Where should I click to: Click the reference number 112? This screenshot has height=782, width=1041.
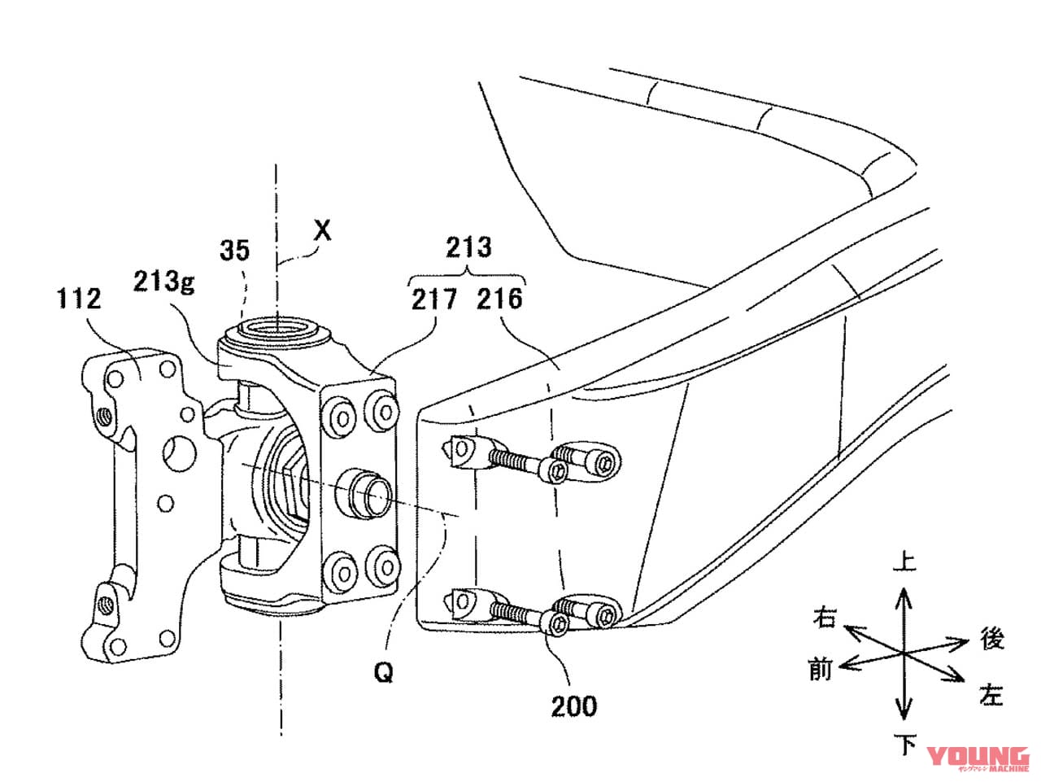pyautogui.click(x=79, y=299)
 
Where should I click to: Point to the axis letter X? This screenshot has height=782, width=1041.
pyautogui.click(x=323, y=231)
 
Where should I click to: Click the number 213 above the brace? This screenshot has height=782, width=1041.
pyautogui.click(x=468, y=247)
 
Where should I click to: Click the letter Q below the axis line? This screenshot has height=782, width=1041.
pyautogui.click(x=384, y=672)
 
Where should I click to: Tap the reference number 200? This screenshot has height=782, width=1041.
pyautogui.click(x=573, y=706)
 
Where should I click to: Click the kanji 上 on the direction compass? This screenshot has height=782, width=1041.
pyautogui.click(x=904, y=562)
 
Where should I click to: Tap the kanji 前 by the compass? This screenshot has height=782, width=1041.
pyautogui.click(x=820, y=670)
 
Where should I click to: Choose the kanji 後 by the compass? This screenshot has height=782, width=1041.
pyautogui.click(x=991, y=640)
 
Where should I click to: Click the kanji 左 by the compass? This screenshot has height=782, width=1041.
pyautogui.click(x=991, y=695)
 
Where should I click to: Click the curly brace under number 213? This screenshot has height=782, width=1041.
pyautogui.click(x=468, y=275)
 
